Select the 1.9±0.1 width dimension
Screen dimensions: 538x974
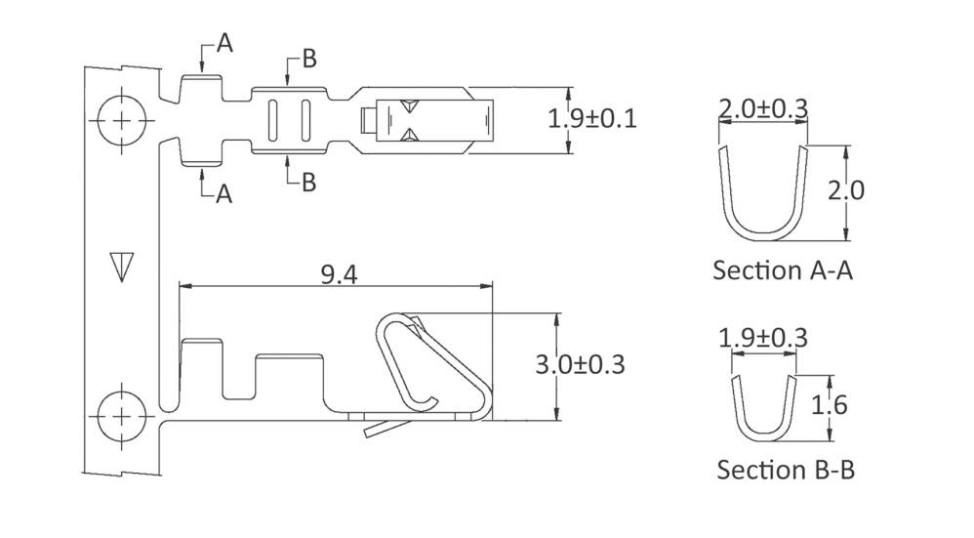(x=591, y=119)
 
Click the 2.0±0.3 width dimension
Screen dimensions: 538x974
(x=763, y=109)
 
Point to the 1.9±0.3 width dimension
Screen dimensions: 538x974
(x=763, y=338)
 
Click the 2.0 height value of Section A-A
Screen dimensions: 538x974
(x=845, y=190)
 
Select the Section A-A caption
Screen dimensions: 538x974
(x=783, y=269)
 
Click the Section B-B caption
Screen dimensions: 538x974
(x=786, y=470)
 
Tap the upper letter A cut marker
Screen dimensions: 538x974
(x=224, y=43)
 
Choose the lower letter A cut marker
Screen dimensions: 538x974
(x=223, y=194)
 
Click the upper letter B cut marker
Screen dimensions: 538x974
(x=308, y=59)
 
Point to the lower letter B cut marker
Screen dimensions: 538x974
(x=308, y=182)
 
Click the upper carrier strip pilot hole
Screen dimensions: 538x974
(x=121, y=120)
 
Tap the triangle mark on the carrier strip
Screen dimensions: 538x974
(x=121, y=267)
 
